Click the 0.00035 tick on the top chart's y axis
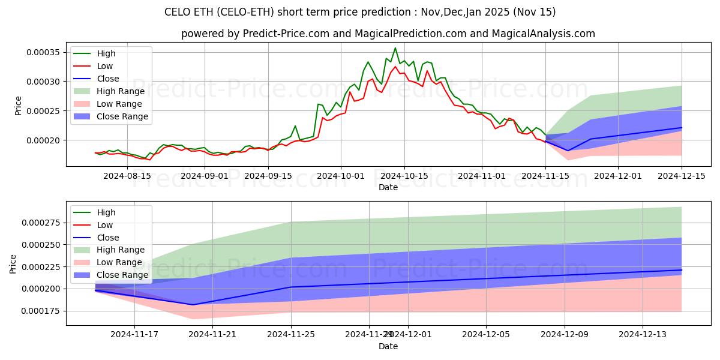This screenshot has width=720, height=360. [x=44, y=52]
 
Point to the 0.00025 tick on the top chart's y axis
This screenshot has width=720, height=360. [x=44, y=111]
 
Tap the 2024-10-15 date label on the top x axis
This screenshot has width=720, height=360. [x=404, y=176]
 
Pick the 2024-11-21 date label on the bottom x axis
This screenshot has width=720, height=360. [x=212, y=335]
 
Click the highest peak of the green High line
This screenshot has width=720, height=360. [x=395, y=48]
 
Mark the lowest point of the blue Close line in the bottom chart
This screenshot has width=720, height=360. [x=193, y=305]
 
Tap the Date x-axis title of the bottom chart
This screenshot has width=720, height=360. [x=388, y=346]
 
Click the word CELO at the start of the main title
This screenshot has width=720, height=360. [x=177, y=12]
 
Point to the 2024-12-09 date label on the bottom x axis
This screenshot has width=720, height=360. [x=565, y=335]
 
